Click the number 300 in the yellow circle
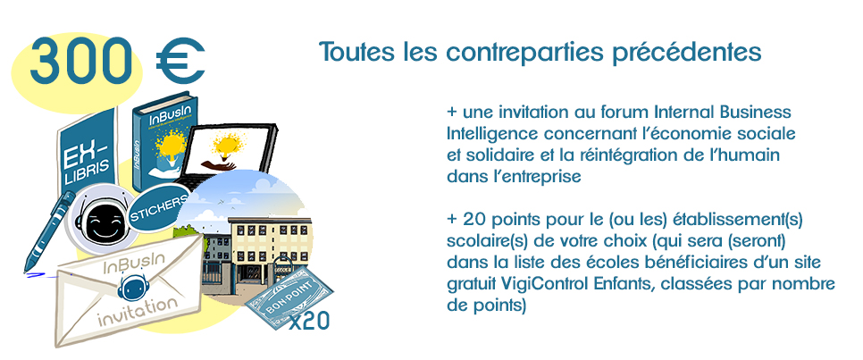80,61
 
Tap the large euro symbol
180,61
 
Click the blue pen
48,231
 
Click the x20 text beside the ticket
309,322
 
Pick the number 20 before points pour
473,220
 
